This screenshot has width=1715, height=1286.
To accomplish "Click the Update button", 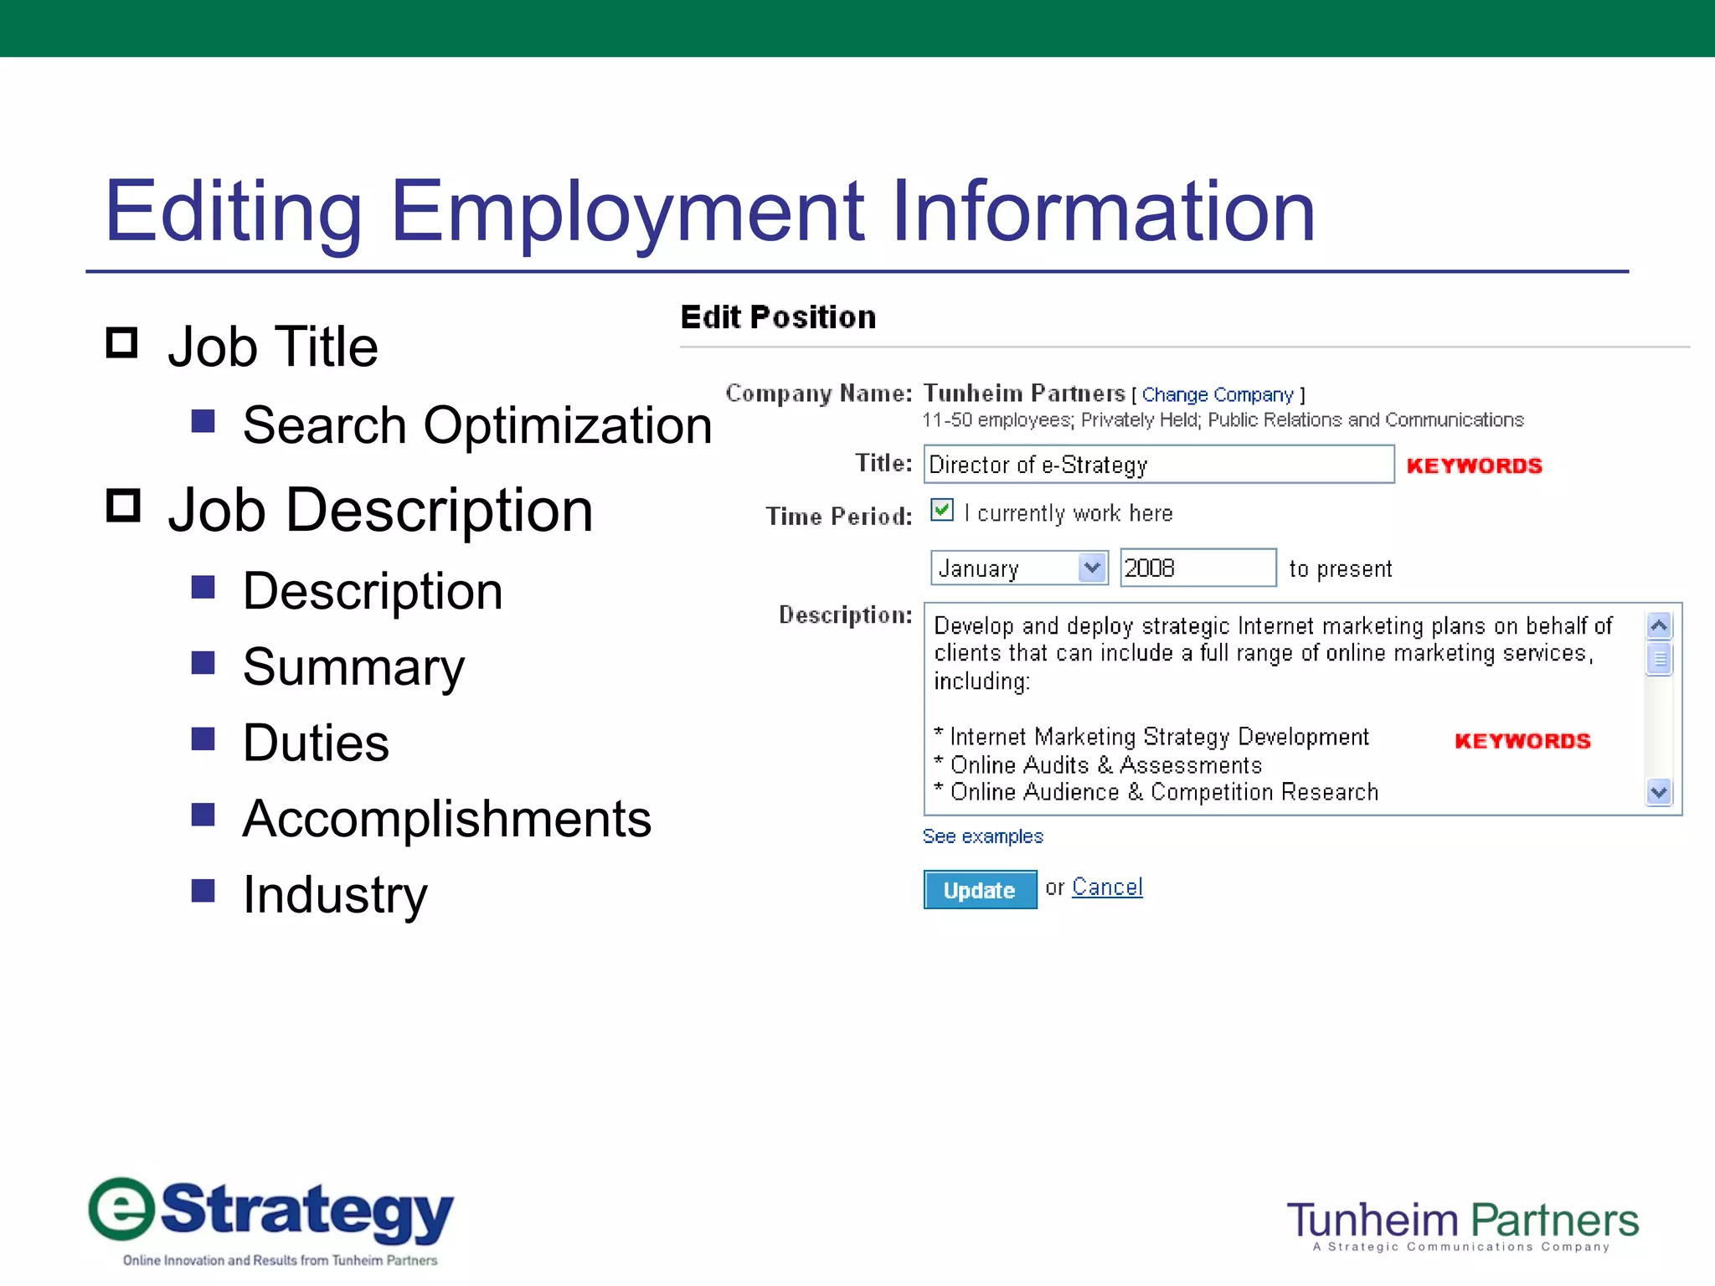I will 979,889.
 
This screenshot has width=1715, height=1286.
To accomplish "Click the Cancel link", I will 1106,887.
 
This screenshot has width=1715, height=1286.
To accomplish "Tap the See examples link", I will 982,836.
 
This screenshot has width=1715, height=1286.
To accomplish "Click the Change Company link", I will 1218,394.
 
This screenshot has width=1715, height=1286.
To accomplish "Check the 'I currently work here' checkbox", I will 942,510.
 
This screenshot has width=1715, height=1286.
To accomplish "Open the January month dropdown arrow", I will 1092,568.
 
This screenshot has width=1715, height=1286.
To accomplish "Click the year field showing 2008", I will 1197,568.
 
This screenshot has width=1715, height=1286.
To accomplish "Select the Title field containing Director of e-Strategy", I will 1158,465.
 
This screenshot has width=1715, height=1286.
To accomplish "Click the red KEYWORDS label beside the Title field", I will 1474,466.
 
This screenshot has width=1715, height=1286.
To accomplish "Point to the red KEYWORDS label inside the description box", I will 1522,741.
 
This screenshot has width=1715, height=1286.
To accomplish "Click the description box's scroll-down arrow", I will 1659,791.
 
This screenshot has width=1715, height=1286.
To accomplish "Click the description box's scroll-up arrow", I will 1659,625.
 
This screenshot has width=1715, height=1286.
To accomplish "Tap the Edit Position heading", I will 778,317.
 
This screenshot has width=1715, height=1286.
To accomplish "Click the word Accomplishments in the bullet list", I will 446,818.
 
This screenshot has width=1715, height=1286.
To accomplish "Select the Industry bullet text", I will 335,894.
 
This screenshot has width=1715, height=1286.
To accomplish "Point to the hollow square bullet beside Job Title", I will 122,342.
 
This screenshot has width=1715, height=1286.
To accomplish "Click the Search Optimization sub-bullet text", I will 476,425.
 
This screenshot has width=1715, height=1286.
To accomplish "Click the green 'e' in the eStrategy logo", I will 122,1208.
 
